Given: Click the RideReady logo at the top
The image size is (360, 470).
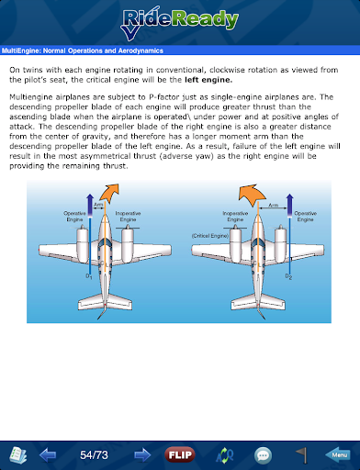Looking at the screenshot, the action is (x=180, y=23).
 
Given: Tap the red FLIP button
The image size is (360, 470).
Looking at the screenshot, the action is (x=180, y=455).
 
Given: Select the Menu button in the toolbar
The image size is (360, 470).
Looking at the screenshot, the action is (x=338, y=455).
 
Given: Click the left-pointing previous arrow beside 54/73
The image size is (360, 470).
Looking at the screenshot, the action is (x=48, y=455).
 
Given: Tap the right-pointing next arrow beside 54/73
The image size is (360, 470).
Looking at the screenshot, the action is (x=142, y=455).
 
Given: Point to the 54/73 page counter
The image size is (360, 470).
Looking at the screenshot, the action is (x=94, y=455).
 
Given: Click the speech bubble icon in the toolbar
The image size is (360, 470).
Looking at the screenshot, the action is (x=263, y=455).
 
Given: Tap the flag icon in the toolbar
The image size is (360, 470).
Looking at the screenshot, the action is (x=302, y=455).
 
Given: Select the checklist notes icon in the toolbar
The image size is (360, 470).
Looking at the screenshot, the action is (x=18, y=455).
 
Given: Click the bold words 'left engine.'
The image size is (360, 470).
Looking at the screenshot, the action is (x=208, y=80).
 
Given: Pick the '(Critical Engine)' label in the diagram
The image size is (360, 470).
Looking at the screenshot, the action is (x=210, y=236).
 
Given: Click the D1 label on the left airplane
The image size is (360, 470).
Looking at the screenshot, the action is (x=89, y=276).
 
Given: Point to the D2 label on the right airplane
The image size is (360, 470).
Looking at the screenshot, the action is (x=288, y=276).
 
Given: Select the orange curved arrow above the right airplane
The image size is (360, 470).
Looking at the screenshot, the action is (x=252, y=194).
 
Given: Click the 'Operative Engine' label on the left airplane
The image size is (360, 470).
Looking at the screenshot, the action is (x=74, y=217).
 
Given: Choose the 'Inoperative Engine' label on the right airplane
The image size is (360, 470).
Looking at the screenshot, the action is (x=235, y=217).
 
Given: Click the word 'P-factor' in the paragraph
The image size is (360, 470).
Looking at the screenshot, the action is (x=164, y=97).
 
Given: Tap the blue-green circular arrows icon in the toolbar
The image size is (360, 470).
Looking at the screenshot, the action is (x=224, y=455).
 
